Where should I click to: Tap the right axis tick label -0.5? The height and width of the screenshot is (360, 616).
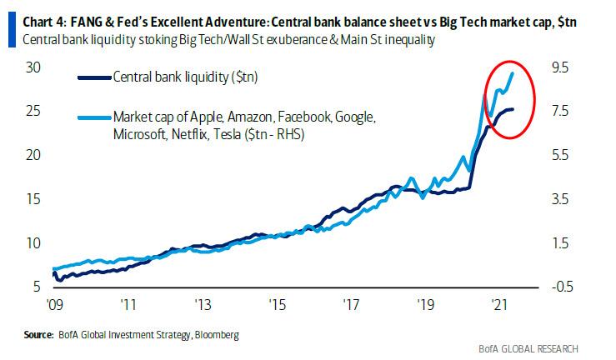pyautogui.click(x=556, y=287)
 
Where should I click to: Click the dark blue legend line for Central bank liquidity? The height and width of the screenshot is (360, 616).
pyautogui.click(x=103, y=77)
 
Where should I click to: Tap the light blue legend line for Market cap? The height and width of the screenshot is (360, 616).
pyautogui.click(x=103, y=117)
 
